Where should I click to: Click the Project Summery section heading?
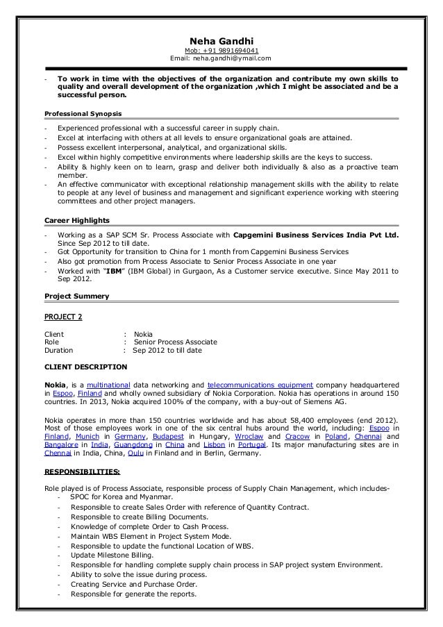coord(76,296)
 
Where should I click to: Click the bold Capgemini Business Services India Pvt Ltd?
coord(317,235)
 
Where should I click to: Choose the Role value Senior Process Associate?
coord(176,342)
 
